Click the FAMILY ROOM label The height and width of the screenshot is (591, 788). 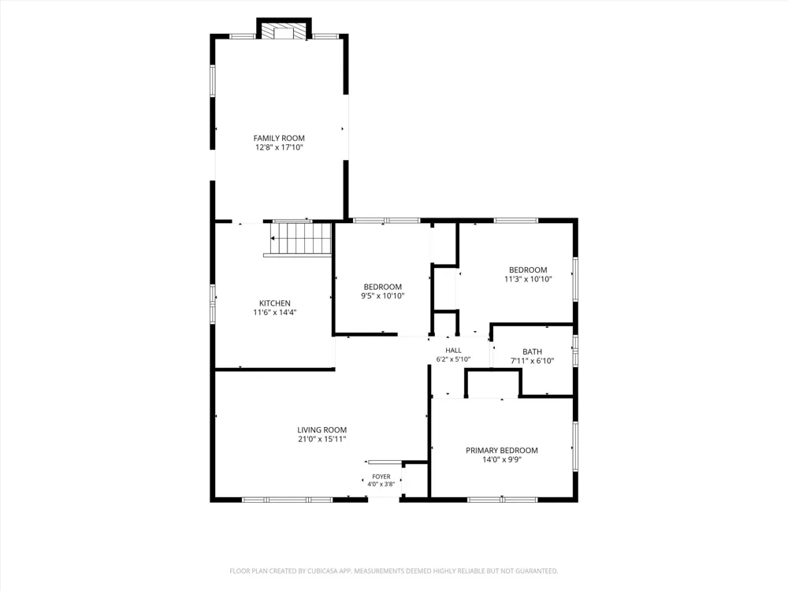pos(279,138)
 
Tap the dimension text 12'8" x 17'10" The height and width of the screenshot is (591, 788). pos(279,147)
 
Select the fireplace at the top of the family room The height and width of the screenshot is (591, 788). pos(284,30)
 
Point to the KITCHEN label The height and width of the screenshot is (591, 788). pos(275,303)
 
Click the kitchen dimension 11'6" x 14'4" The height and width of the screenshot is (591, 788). pos(275,312)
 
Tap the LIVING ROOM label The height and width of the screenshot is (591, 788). pos(322,429)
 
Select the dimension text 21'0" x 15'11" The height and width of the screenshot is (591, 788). pos(322,439)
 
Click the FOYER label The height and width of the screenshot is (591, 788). pos(381,477)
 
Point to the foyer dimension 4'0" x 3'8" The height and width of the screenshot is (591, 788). pos(381,484)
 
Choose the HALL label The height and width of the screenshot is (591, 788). pos(453,351)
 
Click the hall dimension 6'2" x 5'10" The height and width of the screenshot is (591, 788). pos(453,359)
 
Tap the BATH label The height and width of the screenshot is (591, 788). pos(532,351)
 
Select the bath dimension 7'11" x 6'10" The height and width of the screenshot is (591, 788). pos(532,360)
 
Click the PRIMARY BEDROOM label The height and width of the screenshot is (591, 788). pos(501,450)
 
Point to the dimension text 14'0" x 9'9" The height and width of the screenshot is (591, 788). pos(501,459)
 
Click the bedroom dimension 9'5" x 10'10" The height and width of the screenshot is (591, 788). pos(382,296)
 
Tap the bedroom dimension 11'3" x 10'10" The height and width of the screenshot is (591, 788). pos(528,279)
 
